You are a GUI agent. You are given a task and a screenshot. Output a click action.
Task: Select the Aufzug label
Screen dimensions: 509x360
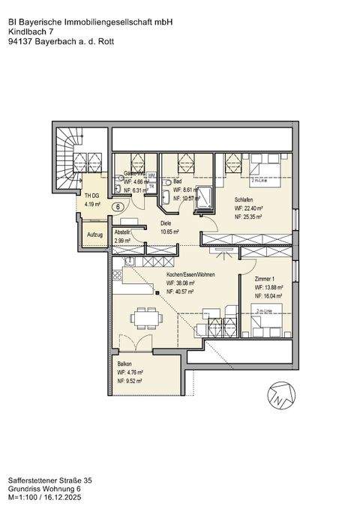94,235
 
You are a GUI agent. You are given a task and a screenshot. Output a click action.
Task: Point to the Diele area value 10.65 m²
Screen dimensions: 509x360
172,232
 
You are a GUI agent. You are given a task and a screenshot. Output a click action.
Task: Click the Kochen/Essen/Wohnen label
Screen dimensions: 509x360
190,275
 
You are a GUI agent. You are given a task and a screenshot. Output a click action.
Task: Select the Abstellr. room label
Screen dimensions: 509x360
122,233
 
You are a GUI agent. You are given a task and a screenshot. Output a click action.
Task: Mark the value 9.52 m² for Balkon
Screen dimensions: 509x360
133,380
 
